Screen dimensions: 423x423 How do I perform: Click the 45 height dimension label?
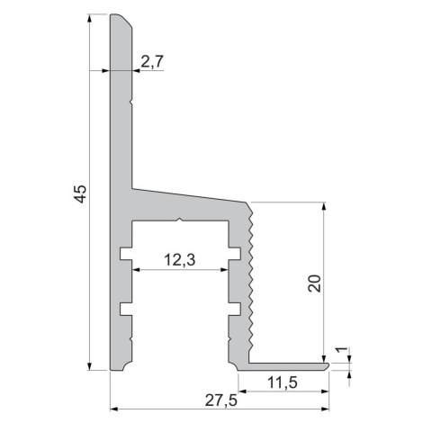point(81,194)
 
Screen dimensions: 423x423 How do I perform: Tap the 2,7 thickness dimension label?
point(152,62)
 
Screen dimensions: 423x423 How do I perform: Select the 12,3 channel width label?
point(180,260)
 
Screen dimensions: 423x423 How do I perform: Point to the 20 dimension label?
point(314,283)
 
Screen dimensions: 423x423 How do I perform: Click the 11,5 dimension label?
point(283,382)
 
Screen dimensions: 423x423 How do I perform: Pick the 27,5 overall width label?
point(221,400)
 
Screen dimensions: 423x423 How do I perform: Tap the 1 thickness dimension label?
point(341,350)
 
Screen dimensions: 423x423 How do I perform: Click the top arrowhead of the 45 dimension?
point(89,18)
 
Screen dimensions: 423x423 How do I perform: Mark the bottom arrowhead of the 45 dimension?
point(89,366)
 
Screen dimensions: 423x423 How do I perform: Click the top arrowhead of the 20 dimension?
point(323,207)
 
